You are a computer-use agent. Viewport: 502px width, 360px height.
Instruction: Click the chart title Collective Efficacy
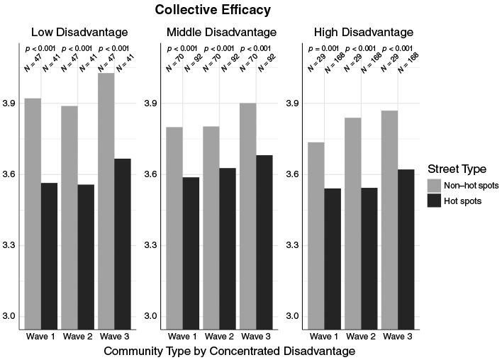coord(213,10)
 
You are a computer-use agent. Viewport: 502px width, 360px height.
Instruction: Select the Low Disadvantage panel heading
coord(79,33)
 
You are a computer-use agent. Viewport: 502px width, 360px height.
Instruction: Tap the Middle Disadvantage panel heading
coord(221,33)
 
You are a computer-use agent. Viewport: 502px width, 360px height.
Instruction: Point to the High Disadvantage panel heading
coord(364,33)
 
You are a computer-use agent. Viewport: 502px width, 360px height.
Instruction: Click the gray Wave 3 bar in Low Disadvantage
coord(106,201)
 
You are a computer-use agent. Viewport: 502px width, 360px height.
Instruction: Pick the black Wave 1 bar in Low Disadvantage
coord(50,256)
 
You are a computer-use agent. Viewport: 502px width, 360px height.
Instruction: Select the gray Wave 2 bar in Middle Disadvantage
coord(211,228)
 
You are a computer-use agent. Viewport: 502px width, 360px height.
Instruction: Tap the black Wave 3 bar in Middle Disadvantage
coord(264,242)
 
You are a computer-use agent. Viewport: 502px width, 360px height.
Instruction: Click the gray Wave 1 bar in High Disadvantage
coord(316,236)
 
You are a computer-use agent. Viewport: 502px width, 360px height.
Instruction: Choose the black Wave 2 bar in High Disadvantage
coord(369,259)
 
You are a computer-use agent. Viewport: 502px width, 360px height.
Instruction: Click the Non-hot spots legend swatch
coord(434,186)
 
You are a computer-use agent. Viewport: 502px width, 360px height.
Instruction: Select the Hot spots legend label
coord(462,201)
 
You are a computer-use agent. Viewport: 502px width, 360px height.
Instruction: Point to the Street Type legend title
coord(457,169)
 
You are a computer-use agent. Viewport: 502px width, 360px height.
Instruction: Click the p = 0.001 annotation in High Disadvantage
coord(323,49)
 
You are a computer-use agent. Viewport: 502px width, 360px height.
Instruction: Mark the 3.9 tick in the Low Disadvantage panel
coord(9,103)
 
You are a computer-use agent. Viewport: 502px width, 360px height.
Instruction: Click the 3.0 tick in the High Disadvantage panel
coord(293,316)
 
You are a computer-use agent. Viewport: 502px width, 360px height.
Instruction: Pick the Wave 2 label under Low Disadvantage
coord(77,337)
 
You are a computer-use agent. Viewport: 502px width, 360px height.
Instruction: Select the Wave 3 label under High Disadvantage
coord(398,337)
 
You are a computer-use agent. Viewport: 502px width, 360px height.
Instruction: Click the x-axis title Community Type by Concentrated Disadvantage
coord(230,351)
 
